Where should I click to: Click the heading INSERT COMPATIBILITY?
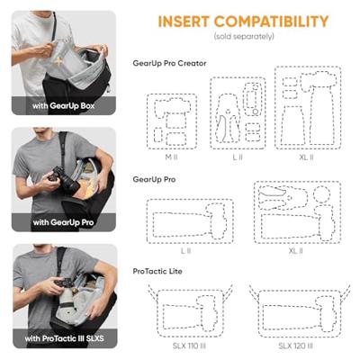tap(243, 22)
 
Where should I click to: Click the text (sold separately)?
tap(243, 38)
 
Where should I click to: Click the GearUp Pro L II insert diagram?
tap(189, 221)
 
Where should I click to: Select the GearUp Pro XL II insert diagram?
tap(298, 214)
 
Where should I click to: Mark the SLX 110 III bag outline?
tap(189, 311)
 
